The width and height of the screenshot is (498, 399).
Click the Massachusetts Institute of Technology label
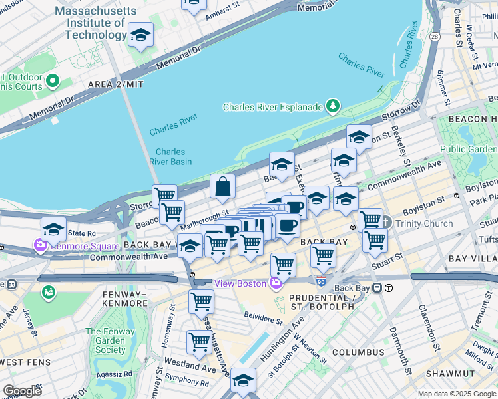click(x=95, y=23)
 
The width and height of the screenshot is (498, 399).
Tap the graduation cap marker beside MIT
click(x=140, y=35)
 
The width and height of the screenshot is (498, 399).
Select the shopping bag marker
click(x=222, y=187)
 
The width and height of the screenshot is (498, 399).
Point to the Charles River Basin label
click(x=174, y=156)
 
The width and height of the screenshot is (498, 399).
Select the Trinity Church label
click(x=423, y=223)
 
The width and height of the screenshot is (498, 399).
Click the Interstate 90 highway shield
click(x=321, y=281)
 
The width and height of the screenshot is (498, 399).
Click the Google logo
click(x=22, y=391)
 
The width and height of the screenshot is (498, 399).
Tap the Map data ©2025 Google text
click(x=457, y=394)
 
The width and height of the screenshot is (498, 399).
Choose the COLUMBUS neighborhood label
click(x=358, y=352)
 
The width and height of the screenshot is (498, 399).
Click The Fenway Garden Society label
click(x=111, y=340)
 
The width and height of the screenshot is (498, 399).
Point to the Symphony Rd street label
click(x=188, y=381)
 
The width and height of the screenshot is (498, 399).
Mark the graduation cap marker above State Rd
click(x=53, y=230)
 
